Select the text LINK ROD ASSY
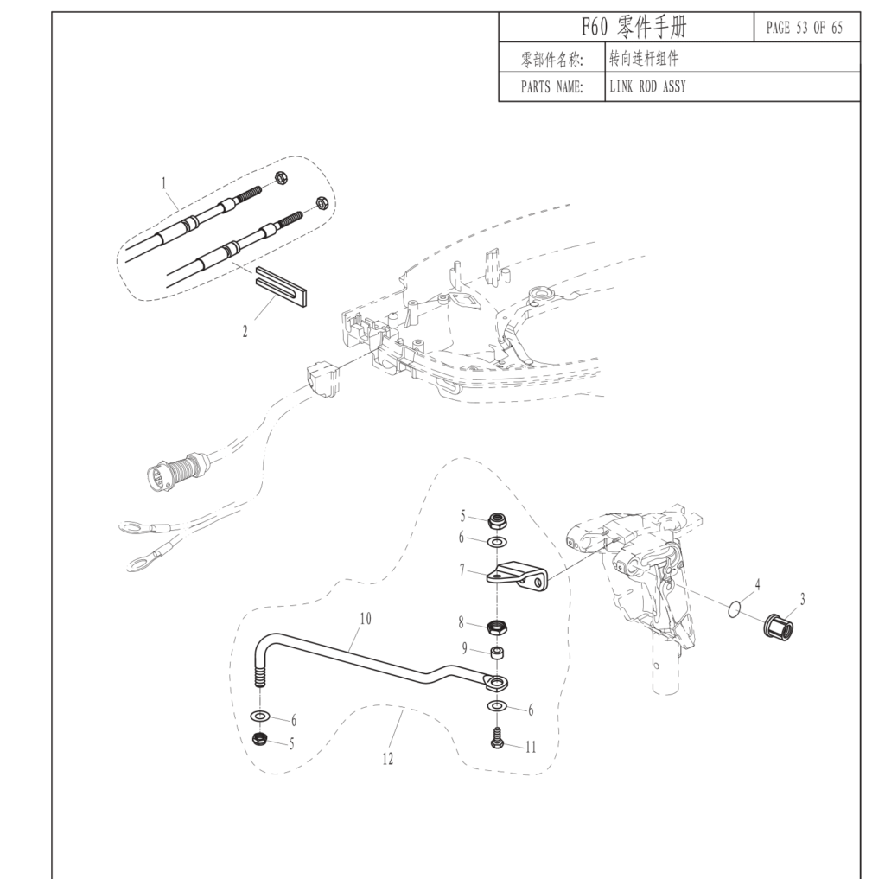(x=647, y=87)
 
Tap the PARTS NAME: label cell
(x=551, y=87)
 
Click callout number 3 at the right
(x=803, y=598)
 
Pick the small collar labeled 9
(x=498, y=653)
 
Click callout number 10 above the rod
(x=365, y=618)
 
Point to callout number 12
(x=387, y=759)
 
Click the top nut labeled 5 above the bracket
(x=497, y=519)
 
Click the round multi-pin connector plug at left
(x=162, y=475)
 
